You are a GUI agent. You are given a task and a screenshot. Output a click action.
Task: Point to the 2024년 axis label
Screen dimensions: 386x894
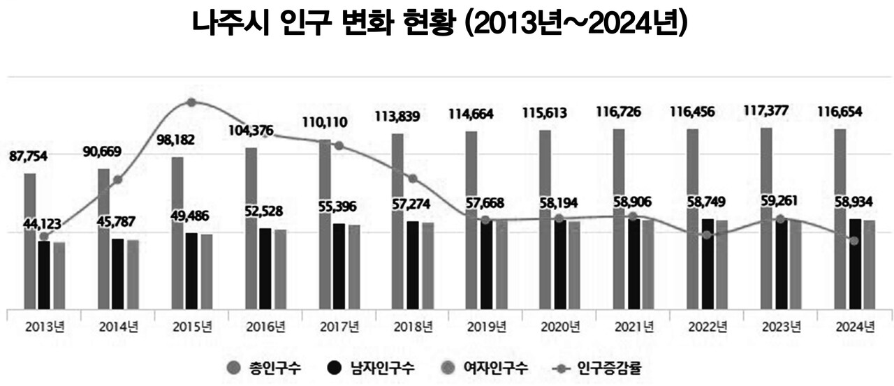[x=856, y=327]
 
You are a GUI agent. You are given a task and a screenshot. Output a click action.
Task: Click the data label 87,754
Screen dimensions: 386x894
[x=27, y=158]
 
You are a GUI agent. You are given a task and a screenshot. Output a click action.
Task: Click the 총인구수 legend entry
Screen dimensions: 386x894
[x=264, y=368]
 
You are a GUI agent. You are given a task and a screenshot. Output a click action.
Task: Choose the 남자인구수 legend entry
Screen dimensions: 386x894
[x=374, y=368]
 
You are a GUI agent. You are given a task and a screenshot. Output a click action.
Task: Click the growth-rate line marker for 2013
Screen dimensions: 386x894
[x=44, y=237]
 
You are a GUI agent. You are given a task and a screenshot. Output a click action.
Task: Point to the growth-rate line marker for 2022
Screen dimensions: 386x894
[x=708, y=235]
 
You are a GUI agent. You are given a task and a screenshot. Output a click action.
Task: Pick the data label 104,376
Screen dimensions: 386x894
[x=251, y=130]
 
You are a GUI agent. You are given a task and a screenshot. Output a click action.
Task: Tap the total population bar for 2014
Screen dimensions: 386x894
[x=103, y=238]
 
